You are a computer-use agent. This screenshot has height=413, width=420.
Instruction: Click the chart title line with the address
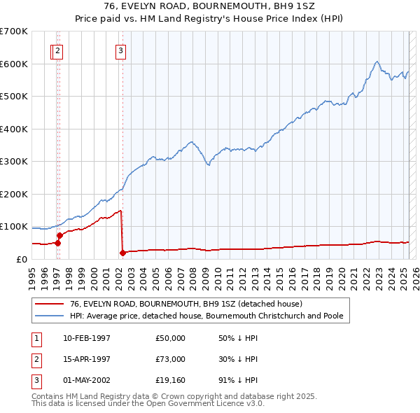tap(210, 7)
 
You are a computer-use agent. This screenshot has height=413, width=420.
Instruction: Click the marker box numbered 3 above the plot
tap(121, 50)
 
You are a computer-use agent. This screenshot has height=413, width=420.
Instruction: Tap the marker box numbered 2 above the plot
tap(58, 50)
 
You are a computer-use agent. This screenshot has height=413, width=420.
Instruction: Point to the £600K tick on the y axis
tap(14, 64)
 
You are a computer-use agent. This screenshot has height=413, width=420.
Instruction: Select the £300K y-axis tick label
tap(14, 161)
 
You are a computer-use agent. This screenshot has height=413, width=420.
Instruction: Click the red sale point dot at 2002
tap(122, 253)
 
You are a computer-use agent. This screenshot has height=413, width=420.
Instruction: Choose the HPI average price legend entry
tap(206, 316)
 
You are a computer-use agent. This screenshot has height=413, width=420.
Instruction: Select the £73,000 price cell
tap(170, 359)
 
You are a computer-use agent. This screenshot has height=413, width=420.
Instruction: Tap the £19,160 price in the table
tap(170, 380)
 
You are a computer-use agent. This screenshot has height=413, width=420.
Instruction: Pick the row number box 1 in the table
tap(36, 338)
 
